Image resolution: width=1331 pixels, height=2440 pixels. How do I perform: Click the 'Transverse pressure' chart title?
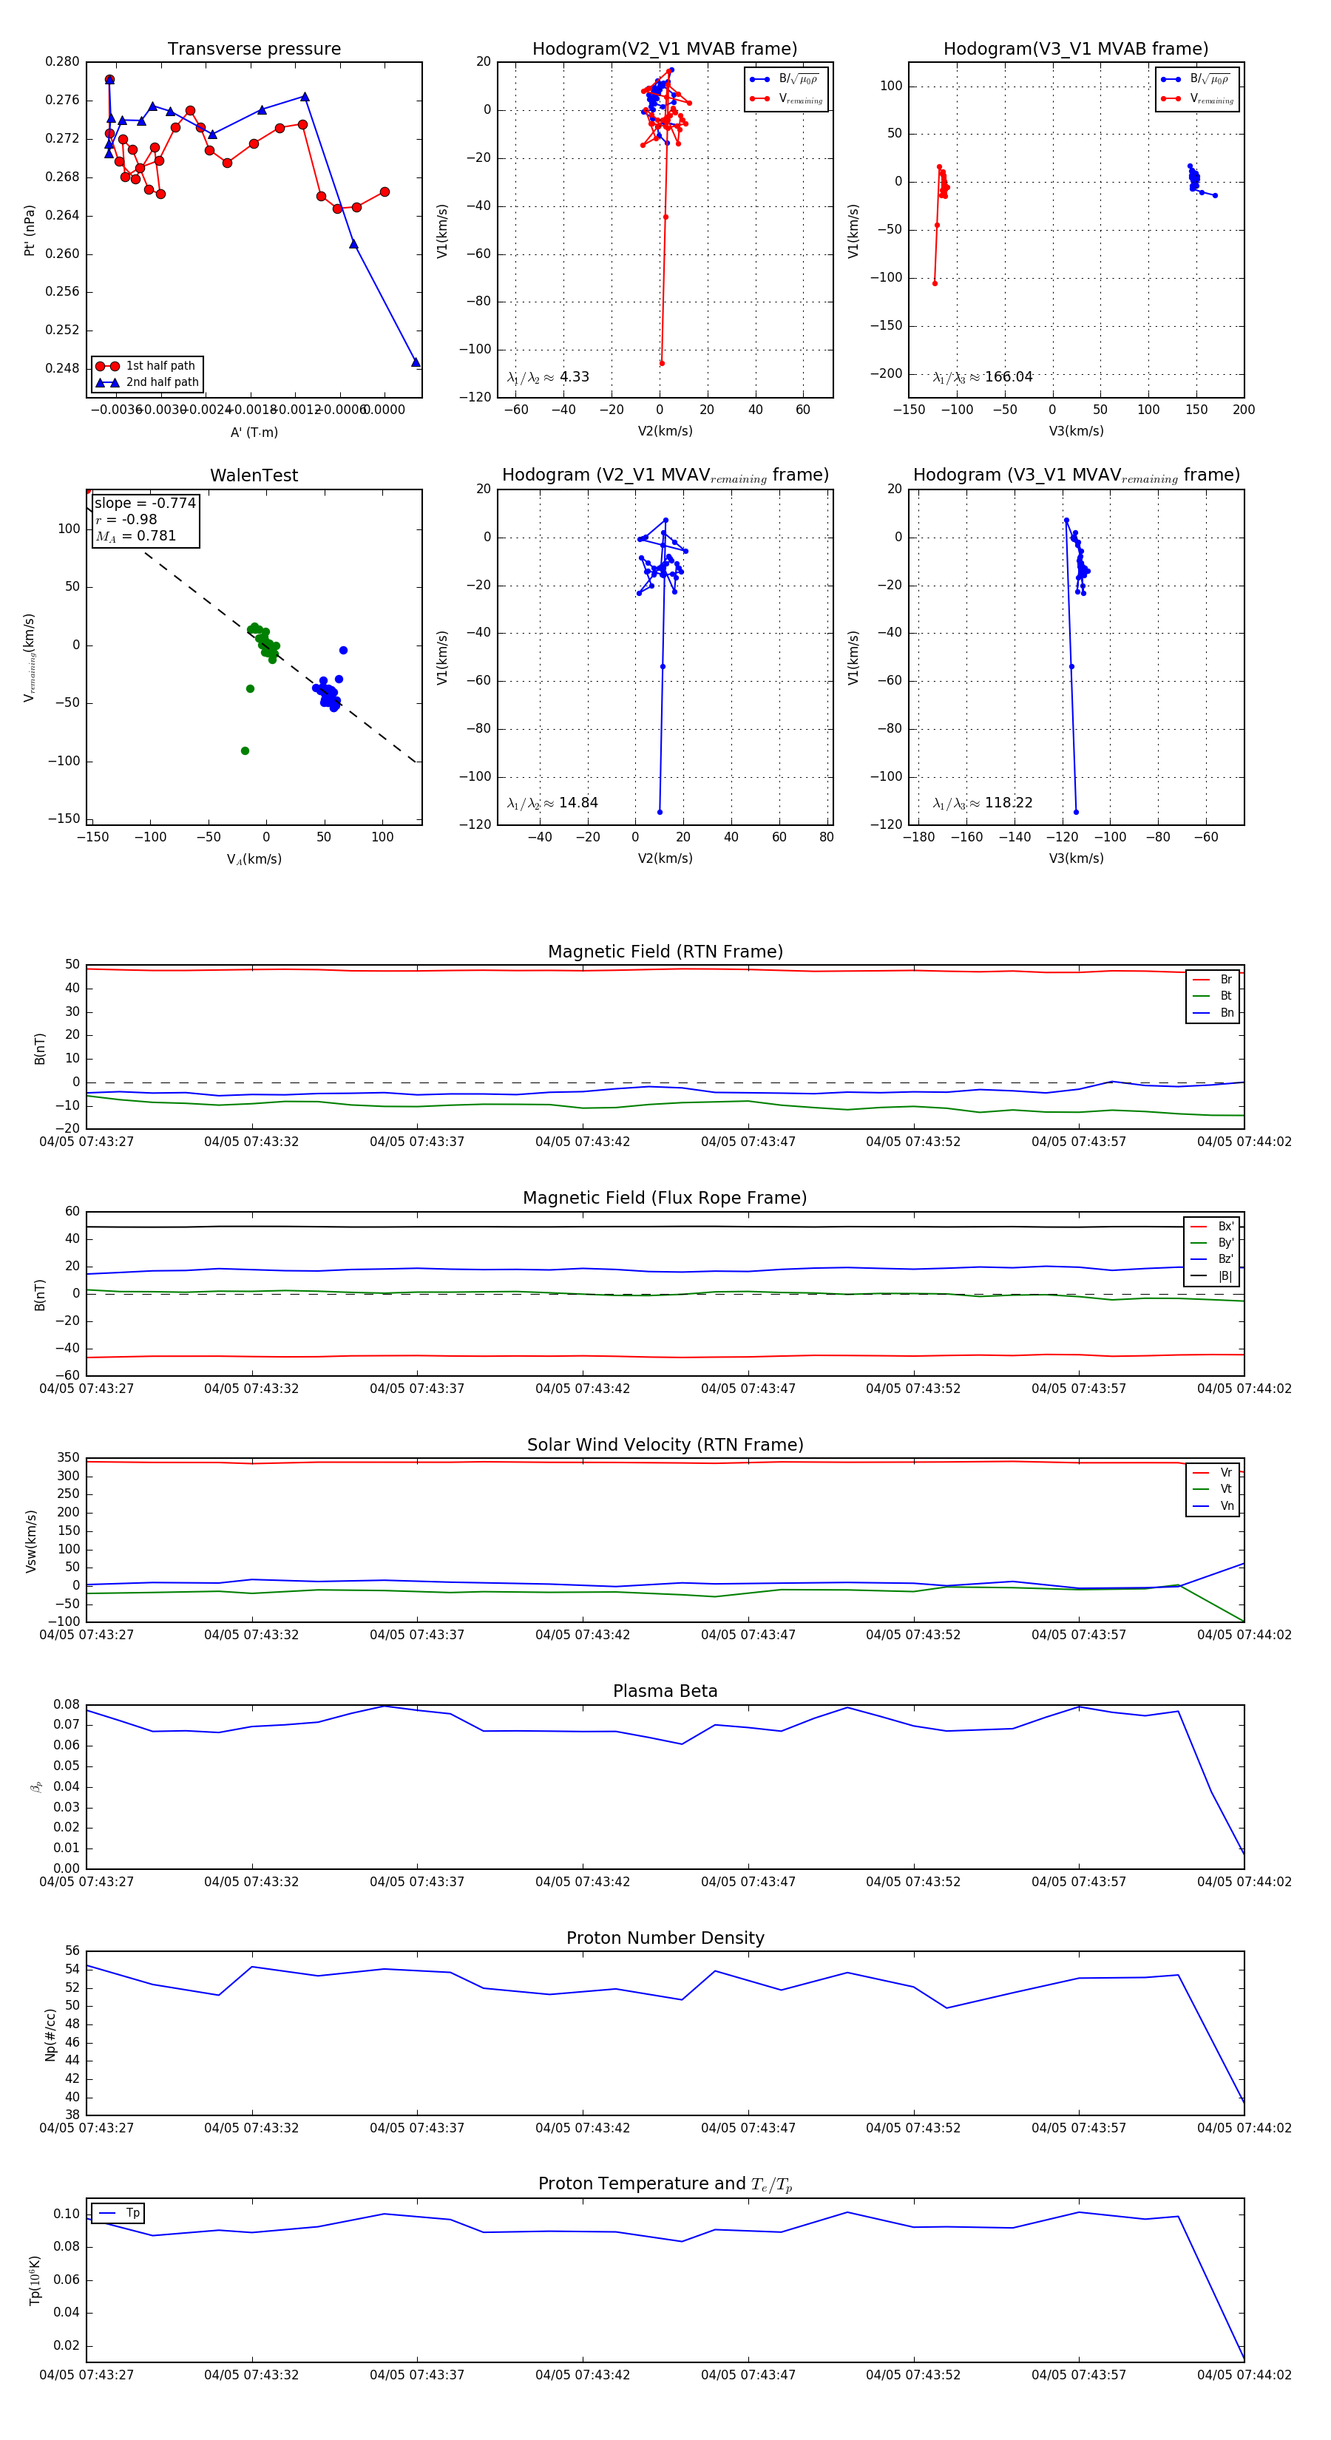(x=254, y=50)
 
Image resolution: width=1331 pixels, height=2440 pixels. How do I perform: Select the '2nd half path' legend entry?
(x=162, y=383)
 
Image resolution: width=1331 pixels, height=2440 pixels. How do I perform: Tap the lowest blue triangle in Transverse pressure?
(x=415, y=362)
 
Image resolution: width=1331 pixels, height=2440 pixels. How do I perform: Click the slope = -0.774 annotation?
(x=145, y=503)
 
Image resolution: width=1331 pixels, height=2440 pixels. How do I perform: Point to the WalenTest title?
(x=254, y=475)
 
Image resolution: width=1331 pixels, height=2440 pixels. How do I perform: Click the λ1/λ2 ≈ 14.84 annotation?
(x=552, y=803)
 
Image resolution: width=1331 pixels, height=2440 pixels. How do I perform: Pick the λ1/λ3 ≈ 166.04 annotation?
(x=983, y=377)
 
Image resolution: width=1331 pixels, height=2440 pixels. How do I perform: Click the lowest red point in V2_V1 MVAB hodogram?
(x=661, y=363)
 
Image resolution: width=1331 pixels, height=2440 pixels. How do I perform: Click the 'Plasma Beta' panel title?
(x=665, y=1691)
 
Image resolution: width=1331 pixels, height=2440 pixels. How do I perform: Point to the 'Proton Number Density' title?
(x=665, y=1938)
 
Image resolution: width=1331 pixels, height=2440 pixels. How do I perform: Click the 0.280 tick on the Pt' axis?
(x=63, y=61)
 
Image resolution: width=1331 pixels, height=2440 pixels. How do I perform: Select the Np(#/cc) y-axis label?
(x=50, y=2033)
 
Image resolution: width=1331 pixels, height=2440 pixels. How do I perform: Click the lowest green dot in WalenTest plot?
(x=245, y=751)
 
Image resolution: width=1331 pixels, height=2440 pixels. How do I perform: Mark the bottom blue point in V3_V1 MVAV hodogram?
(x=1075, y=812)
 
